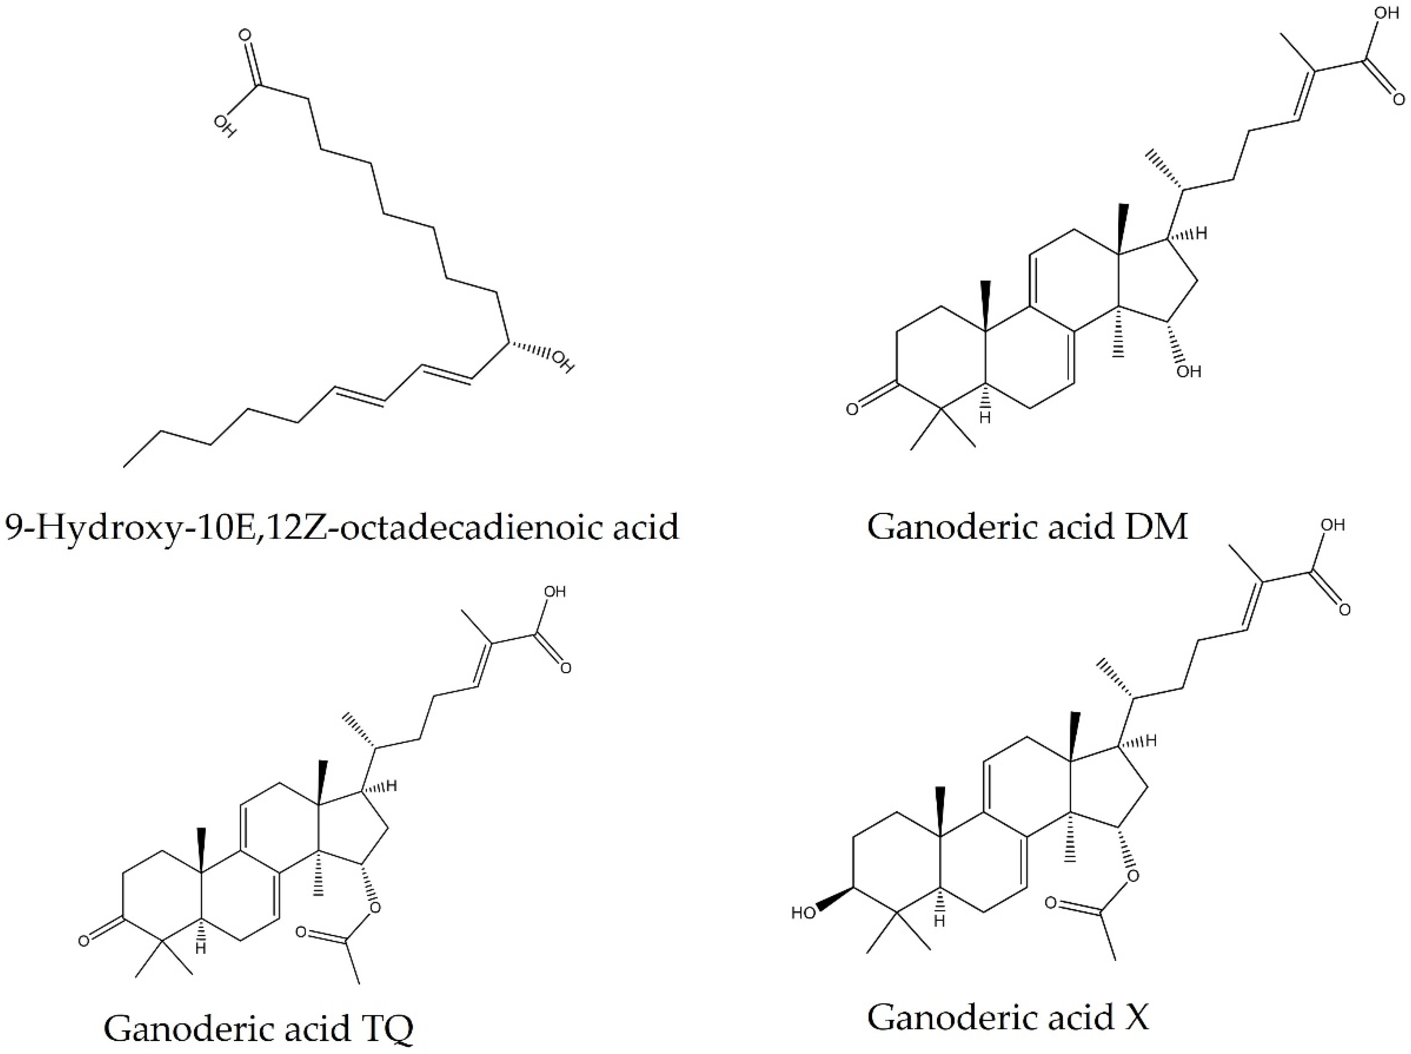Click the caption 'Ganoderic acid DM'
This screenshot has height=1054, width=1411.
(1027, 528)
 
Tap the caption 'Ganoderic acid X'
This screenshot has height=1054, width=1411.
(1008, 1017)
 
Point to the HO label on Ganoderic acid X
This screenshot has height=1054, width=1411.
(804, 913)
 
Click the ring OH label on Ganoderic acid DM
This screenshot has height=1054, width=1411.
(1188, 371)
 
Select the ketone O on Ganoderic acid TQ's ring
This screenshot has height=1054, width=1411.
(84, 941)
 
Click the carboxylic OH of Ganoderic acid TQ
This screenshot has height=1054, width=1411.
(554, 592)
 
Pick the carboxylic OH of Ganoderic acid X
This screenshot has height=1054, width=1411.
(1332, 525)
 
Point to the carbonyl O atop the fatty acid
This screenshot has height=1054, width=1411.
(245, 35)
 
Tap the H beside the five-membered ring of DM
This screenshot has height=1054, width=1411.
(1201, 234)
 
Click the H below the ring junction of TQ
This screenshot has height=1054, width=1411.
(200, 949)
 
